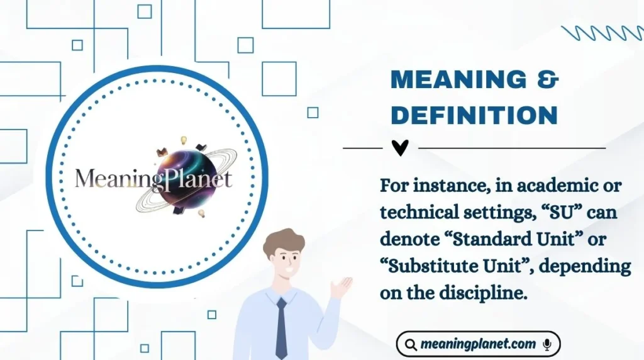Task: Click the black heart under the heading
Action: (x=400, y=148)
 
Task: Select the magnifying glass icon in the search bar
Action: (x=411, y=344)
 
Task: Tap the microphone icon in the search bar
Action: (x=547, y=344)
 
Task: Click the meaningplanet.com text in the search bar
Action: (x=479, y=344)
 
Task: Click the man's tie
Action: (x=281, y=327)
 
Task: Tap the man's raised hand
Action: (x=341, y=287)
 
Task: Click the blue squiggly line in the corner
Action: (x=601, y=33)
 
